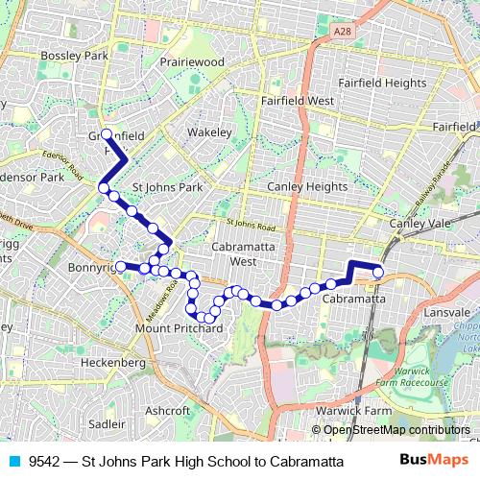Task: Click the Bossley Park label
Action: point(72,57)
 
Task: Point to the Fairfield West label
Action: point(298,100)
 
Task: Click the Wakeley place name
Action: point(209,132)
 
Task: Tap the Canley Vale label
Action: point(419,223)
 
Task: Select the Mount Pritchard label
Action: point(180,328)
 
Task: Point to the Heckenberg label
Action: point(113,363)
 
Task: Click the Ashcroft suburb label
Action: point(168,410)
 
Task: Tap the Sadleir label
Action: point(106,422)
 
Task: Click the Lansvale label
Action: point(447,314)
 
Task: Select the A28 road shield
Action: point(343,32)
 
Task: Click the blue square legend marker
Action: point(14,461)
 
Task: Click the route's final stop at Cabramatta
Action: point(378,273)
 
